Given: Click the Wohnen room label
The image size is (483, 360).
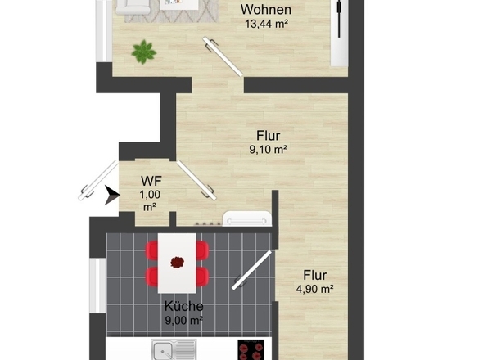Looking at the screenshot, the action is pos(266,10).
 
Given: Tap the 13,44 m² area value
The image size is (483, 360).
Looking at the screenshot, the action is pos(266,24).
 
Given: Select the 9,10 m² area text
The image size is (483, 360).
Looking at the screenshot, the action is pos(268,150).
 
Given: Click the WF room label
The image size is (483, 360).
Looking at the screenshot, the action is pos(151,181).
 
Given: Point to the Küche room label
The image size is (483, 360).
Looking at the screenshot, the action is pos(183,306).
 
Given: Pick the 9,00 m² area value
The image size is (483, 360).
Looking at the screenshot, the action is pos(183,320).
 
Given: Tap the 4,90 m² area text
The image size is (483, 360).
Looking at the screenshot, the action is pos(314,289).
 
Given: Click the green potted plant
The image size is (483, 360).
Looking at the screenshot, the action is pos(143,52).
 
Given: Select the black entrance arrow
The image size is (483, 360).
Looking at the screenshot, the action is pos(111,195).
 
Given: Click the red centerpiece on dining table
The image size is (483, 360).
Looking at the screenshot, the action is pos(177,262).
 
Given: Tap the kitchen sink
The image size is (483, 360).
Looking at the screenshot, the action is pos(174,349).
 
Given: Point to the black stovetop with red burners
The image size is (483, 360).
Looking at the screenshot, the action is pos(251,350).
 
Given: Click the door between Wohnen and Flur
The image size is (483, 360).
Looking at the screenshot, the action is pos(223,56).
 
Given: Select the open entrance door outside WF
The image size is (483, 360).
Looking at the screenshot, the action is pos(97,180).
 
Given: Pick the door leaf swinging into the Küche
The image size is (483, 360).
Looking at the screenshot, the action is pos(251,270).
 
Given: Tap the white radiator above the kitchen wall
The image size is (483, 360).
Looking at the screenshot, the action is pos(246,218).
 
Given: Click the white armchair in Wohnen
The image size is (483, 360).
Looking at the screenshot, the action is pos(133,7).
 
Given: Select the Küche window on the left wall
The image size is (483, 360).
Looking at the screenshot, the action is pos(97,286).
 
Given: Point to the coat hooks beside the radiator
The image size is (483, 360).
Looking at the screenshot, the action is pos(208,223).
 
